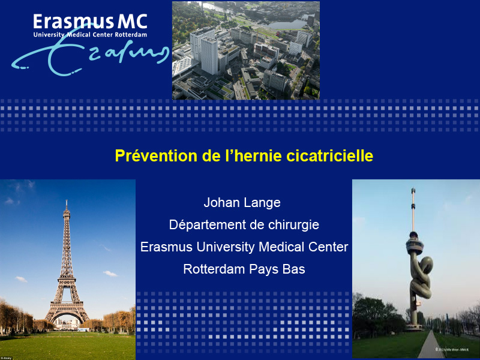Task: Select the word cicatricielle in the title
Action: pyautogui.click(x=329, y=155)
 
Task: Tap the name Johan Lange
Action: pyautogui.click(x=242, y=202)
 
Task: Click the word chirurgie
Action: pyautogui.click(x=293, y=225)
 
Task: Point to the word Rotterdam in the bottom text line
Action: pyautogui.click(x=214, y=269)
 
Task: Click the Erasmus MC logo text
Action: pyautogui.click(x=91, y=22)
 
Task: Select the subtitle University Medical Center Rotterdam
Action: pyautogui.click(x=91, y=35)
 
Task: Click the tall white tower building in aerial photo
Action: pyautogui.click(x=209, y=56)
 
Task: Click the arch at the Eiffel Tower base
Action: pyautogui.click(x=67, y=316)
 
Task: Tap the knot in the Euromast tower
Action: pyautogui.click(x=421, y=277)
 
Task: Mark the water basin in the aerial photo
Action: pyautogui.click(x=288, y=24)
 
